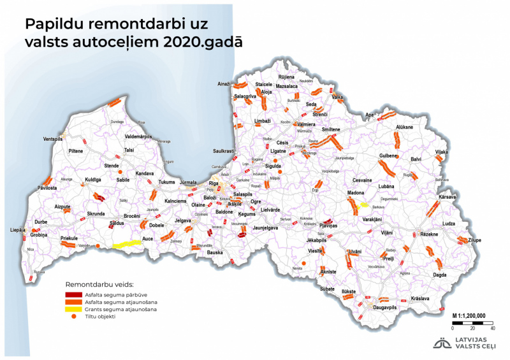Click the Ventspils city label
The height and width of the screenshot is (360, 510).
coord(54,138)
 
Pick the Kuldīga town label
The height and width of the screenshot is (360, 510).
coord(94,181)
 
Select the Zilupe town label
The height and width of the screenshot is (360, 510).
coord(475,240)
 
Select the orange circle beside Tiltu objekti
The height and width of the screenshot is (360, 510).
coord(75,316)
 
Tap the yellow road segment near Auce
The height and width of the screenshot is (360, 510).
coord(126,244)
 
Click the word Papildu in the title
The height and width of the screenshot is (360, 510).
coord(56,25)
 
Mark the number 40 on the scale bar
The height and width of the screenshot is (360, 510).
coord(493,328)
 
